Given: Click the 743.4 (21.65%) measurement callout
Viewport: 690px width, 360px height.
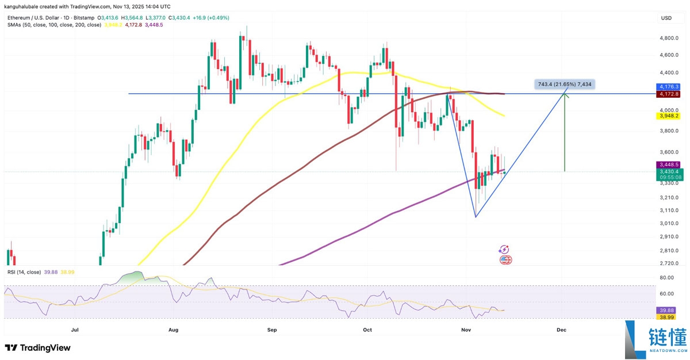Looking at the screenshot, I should pyautogui.click(x=563, y=85).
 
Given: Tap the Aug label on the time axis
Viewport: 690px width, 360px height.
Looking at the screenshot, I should pyautogui.click(x=174, y=330).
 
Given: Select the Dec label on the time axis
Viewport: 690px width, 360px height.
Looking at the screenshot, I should pyautogui.click(x=561, y=330).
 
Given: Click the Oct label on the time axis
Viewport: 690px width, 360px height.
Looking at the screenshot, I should pyautogui.click(x=367, y=330).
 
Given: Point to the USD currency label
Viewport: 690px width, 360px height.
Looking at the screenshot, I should pyautogui.click(x=666, y=18).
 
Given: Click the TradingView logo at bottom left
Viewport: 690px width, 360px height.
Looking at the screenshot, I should pyautogui.click(x=37, y=347).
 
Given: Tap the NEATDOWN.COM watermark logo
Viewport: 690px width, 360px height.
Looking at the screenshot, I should pyautogui.click(x=655, y=340).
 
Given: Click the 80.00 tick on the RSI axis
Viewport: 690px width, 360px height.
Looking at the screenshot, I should pyautogui.click(x=666, y=277).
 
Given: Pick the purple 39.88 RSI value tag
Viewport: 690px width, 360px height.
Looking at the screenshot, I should pyautogui.click(x=666, y=309).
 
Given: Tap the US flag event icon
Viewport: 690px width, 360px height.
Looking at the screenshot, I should pyautogui.click(x=505, y=260).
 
